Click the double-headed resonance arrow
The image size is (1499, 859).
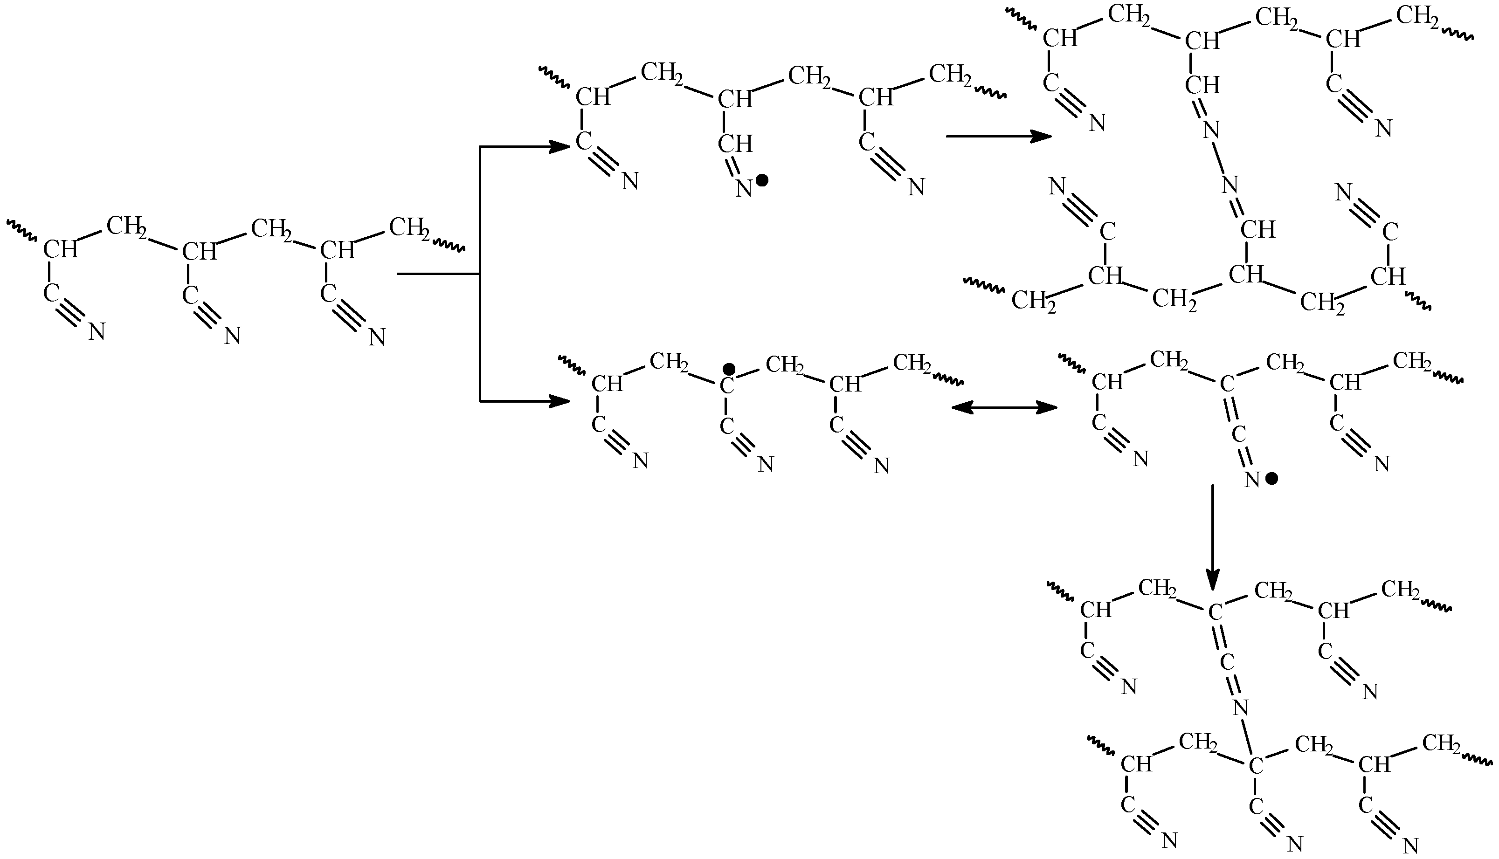point(1004,407)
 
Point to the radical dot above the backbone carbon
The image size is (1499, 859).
point(729,369)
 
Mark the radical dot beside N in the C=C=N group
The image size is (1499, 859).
point(1272,479)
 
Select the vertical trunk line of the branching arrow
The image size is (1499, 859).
point(480,274)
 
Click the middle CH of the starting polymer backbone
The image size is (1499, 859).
point(199,252)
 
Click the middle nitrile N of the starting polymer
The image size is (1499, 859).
point(233,337)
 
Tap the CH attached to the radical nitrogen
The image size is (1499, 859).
point(735,144)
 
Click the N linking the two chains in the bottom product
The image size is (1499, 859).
point(1241,707)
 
